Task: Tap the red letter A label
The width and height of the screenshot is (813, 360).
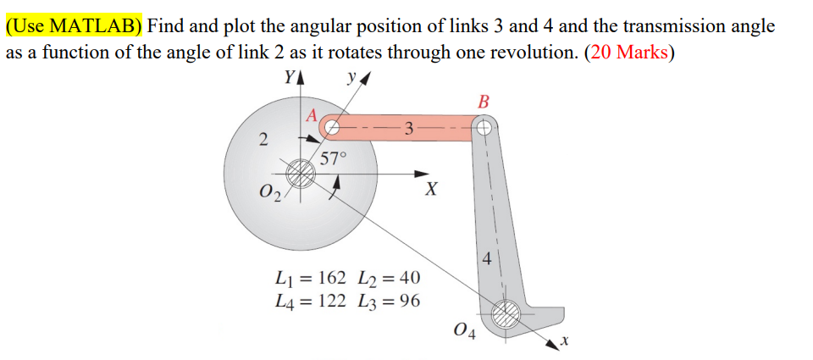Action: pyautogui.click(x=312, y=114)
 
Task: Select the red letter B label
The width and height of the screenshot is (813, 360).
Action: pyautogui.click(x=484, y=102)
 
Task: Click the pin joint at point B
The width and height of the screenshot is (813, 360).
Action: pyautogui.click(x=484, y=129)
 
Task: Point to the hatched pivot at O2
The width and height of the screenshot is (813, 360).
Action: pyautogui.click(x=299, y=174)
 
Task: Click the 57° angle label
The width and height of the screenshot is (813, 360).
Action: pyautogui.click(x=334, y=158)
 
